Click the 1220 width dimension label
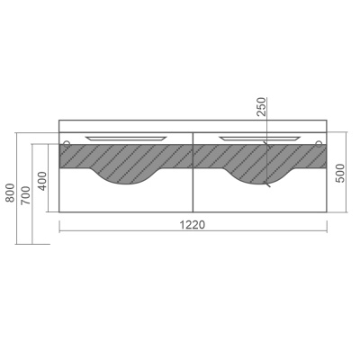tap(193, 224)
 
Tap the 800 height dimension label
tap(10, 193)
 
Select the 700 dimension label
tap(26, 195)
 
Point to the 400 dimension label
tap(43, 181)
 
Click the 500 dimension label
tap(340, 173)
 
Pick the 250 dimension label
tap(261, 106)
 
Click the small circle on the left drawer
tap(67, 143)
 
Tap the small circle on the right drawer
tap(319, 144)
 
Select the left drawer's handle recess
tap(126, 139)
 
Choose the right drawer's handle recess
tap(259, 139)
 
